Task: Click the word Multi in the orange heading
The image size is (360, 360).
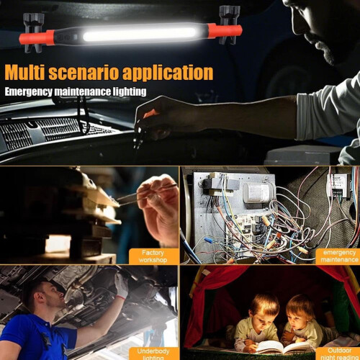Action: tap(24, 72)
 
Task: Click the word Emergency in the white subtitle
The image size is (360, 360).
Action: tap(29, 92)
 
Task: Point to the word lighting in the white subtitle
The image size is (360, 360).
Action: tap(130, 92)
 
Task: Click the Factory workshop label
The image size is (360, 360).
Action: tap(153, 256)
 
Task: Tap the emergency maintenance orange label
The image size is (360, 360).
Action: tap(339, 256)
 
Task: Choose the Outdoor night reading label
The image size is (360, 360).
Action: tap(339, 354)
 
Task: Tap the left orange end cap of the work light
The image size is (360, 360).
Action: tap(37, 38)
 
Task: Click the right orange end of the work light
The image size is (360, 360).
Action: tap(225, 31)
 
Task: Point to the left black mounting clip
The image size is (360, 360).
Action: tap(33, 33)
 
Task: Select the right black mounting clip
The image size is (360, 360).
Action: tap(228, 24)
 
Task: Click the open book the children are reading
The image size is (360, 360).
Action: tap(283, 347)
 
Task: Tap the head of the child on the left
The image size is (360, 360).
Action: tap(264, 310)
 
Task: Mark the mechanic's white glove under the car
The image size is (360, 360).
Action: tap(122, 286)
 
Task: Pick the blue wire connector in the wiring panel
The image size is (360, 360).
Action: tap(209, 240)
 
